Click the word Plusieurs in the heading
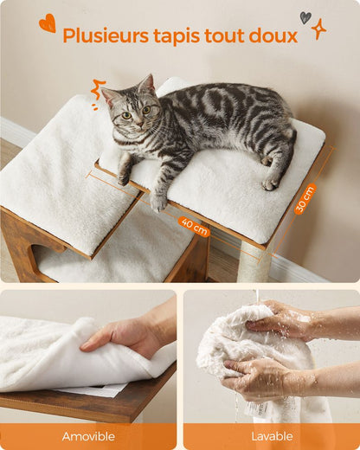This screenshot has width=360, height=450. coord(106,35)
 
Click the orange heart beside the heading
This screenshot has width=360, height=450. coord(48,22)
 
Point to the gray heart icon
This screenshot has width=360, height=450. coord(305,17)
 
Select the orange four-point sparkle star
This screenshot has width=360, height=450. coord(318,29)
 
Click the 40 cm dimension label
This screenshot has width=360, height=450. coord(194,226)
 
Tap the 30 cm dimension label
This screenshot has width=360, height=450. coord(305,199)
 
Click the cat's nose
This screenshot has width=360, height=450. coord(140,124)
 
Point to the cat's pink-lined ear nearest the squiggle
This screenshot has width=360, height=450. coord(108,97)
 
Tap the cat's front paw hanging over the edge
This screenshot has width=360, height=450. coord(157,202)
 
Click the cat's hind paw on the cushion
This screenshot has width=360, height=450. coord(270,183)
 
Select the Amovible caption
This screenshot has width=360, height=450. coord(88,436)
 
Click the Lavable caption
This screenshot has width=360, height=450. coord(272,436)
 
